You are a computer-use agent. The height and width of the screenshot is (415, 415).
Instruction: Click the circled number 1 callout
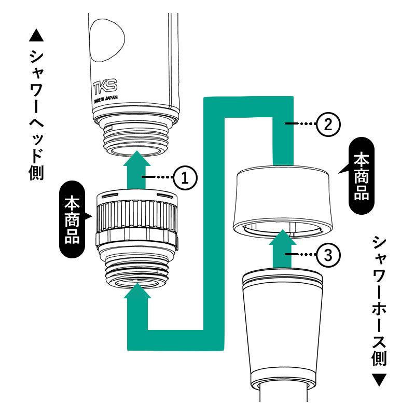point(185,177)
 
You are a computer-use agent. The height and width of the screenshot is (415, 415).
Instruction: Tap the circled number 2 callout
point(328,124)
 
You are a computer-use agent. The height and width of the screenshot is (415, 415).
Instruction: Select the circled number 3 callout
point(328,255)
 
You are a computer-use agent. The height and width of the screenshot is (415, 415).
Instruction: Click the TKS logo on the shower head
point(105,86)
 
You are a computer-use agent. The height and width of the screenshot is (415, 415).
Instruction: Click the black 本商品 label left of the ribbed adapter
point(72,219)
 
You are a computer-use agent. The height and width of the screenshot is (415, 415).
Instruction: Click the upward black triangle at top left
point(36,35)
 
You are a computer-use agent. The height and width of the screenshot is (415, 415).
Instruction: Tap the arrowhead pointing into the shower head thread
point(137,158)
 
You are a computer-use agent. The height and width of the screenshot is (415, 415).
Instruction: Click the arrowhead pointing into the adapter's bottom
point(137,290)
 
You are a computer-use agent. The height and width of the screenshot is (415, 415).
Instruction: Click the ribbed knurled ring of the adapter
point(137,215)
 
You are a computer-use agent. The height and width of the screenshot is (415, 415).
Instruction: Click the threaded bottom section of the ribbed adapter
point(137,273)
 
